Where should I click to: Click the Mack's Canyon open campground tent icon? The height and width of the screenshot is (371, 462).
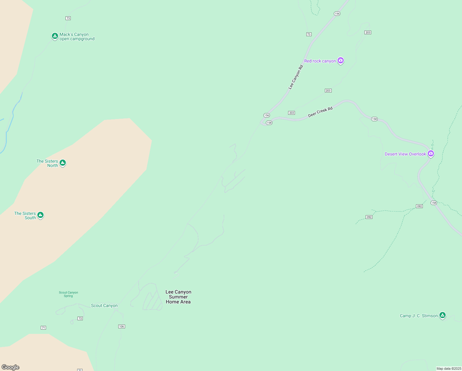(55, 36)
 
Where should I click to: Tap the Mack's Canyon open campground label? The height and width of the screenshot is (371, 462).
(77, 37)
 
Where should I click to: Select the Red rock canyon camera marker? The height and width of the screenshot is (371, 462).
(341, 60)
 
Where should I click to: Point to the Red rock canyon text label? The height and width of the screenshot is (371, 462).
(320, 61)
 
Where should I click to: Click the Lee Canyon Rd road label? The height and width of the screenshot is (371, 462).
(296, 77)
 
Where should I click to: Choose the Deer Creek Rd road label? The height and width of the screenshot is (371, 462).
(320, 112)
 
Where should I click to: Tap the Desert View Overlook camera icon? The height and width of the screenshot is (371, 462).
(431, 153)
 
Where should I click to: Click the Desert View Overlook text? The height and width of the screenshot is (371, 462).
(405, 154)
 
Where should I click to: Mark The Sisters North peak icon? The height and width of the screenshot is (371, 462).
(63, 163)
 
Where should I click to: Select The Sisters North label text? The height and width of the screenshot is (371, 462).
(48, 163)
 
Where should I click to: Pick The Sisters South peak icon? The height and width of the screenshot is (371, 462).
(40, 215)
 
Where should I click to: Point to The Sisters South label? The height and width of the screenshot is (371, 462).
(25, 215)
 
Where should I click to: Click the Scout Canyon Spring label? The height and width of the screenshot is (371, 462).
(69, 294)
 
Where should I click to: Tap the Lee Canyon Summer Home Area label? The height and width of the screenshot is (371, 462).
(178, 297)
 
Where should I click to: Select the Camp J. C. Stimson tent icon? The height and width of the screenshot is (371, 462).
(443, 315)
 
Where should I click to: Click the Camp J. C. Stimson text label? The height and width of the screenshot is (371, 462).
(419, 316)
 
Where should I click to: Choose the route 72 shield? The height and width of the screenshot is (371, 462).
(80, 318)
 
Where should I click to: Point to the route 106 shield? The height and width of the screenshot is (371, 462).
(122, 326)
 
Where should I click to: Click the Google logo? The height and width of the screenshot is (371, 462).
(10, 367)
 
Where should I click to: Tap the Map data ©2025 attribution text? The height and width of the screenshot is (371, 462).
(449, 369)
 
